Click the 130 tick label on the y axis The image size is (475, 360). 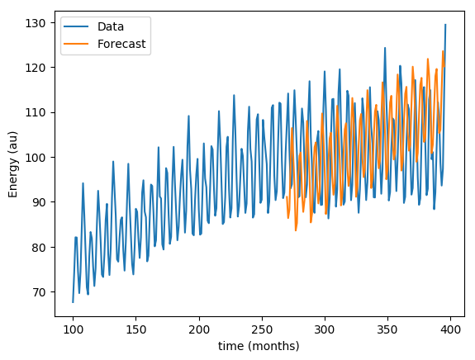[x=36, y=23]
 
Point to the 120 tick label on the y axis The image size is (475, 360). [x=36, y=68]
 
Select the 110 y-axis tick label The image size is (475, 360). [x=36, y=112]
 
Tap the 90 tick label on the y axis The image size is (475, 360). [x=39, y=202]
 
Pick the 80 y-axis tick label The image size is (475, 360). [x=39, y=248]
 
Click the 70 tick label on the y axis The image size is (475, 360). [x=39, y=292]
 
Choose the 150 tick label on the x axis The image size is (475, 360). [x=135, y=329]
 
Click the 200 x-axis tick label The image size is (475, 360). [x=199, y=329]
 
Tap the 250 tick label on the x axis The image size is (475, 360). [x=262, y=329]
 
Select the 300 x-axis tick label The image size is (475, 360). [x=325, y=329]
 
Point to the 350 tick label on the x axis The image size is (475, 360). [x=387, y=329]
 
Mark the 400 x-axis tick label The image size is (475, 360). [x=450, y=329]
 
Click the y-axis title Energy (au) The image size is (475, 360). [x=13, y=164]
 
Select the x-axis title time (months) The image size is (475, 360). [x=259, y=346]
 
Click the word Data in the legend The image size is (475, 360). [x=111, y=26]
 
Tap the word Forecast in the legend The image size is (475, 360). [x=121, y=44]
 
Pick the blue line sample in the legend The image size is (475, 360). [x=76, y=26]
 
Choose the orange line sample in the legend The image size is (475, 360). [x=76, y=44]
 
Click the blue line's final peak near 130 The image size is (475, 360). [x=445, y=25]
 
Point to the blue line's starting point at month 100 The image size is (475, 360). [x=73, y=302]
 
